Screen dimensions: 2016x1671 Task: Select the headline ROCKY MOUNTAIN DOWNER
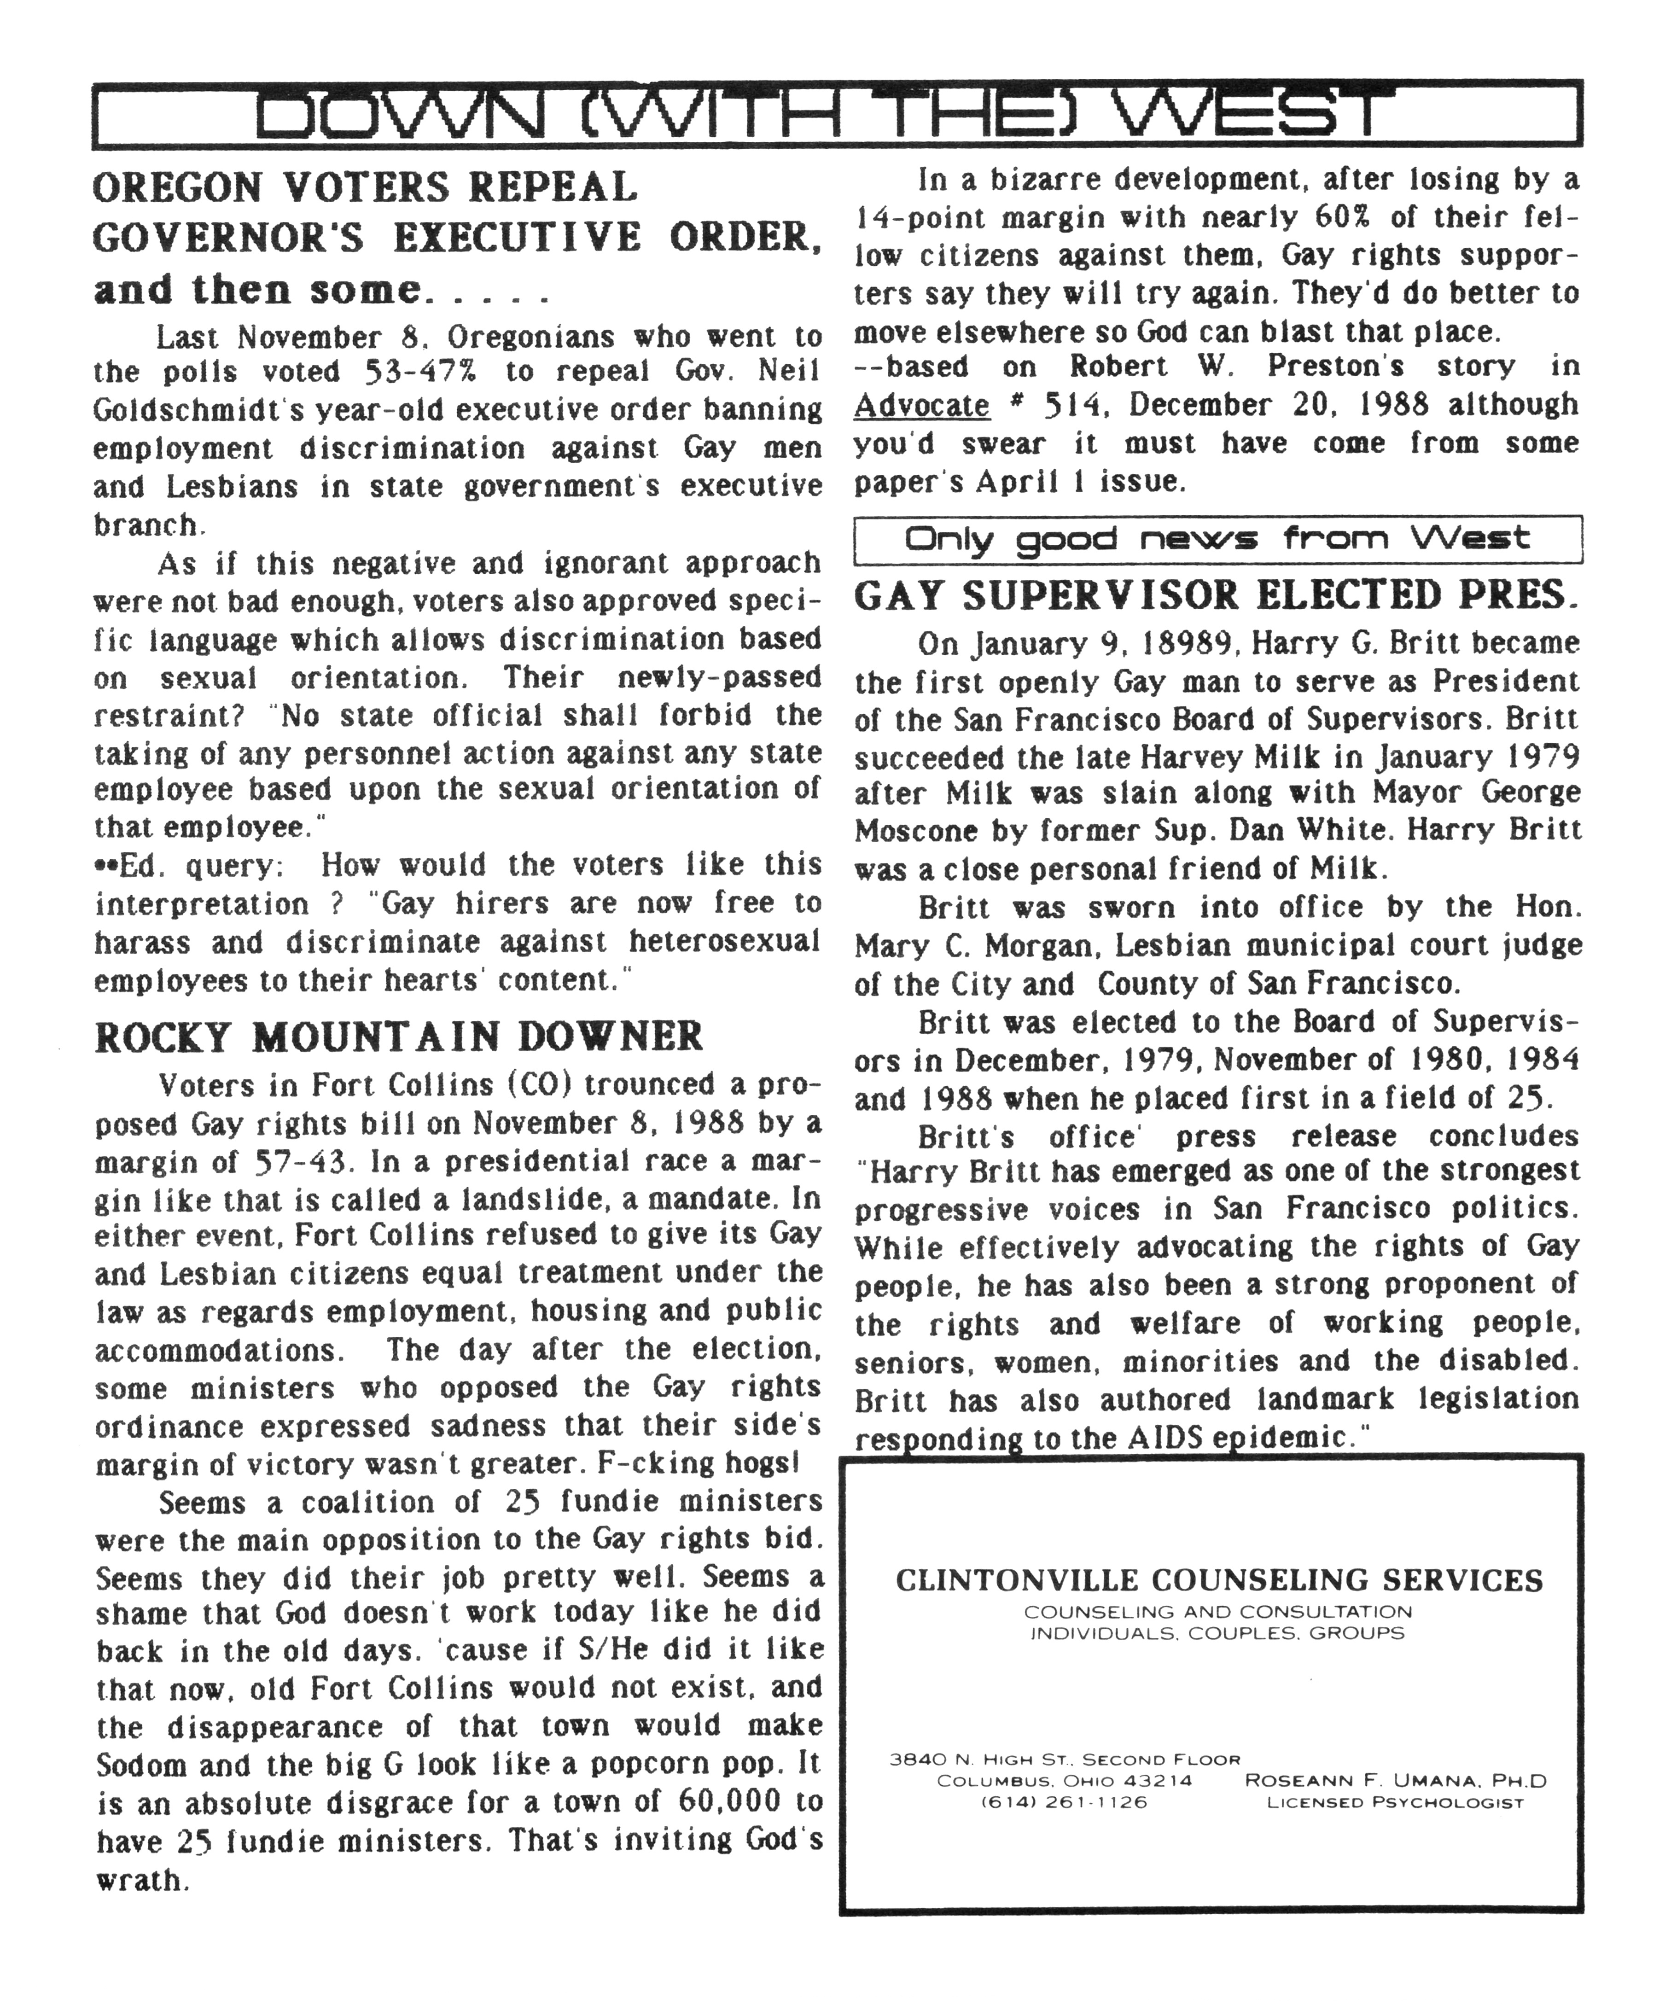pos(398,1037)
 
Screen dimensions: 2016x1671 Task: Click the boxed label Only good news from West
pos(1216,539)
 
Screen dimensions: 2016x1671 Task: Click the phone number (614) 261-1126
pos(1064,1802)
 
